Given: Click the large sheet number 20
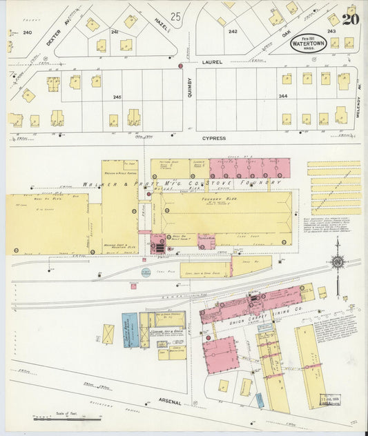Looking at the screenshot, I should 351,19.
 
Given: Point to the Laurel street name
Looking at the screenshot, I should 213,62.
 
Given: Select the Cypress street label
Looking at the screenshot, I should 214,138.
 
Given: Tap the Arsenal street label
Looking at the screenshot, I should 169,402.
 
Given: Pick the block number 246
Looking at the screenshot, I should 117,97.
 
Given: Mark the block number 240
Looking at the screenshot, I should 27,32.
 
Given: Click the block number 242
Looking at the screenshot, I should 233,31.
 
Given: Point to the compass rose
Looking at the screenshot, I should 337,261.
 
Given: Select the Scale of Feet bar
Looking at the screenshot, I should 67,417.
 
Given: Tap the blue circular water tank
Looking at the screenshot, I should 146,272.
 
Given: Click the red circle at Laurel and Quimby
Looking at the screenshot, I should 180,66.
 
